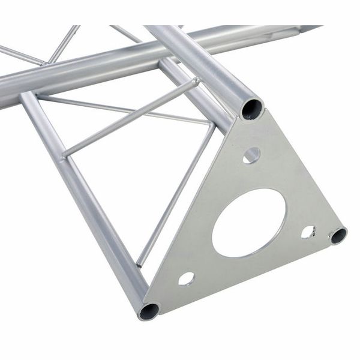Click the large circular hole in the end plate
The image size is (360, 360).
248,223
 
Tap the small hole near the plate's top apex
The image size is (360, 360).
251,155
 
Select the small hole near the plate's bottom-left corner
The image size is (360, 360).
186,278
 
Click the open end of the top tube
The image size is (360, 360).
252,109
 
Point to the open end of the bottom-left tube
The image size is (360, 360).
148,310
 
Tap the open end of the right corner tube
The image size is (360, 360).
338,235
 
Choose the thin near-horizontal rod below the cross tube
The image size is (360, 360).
120,108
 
